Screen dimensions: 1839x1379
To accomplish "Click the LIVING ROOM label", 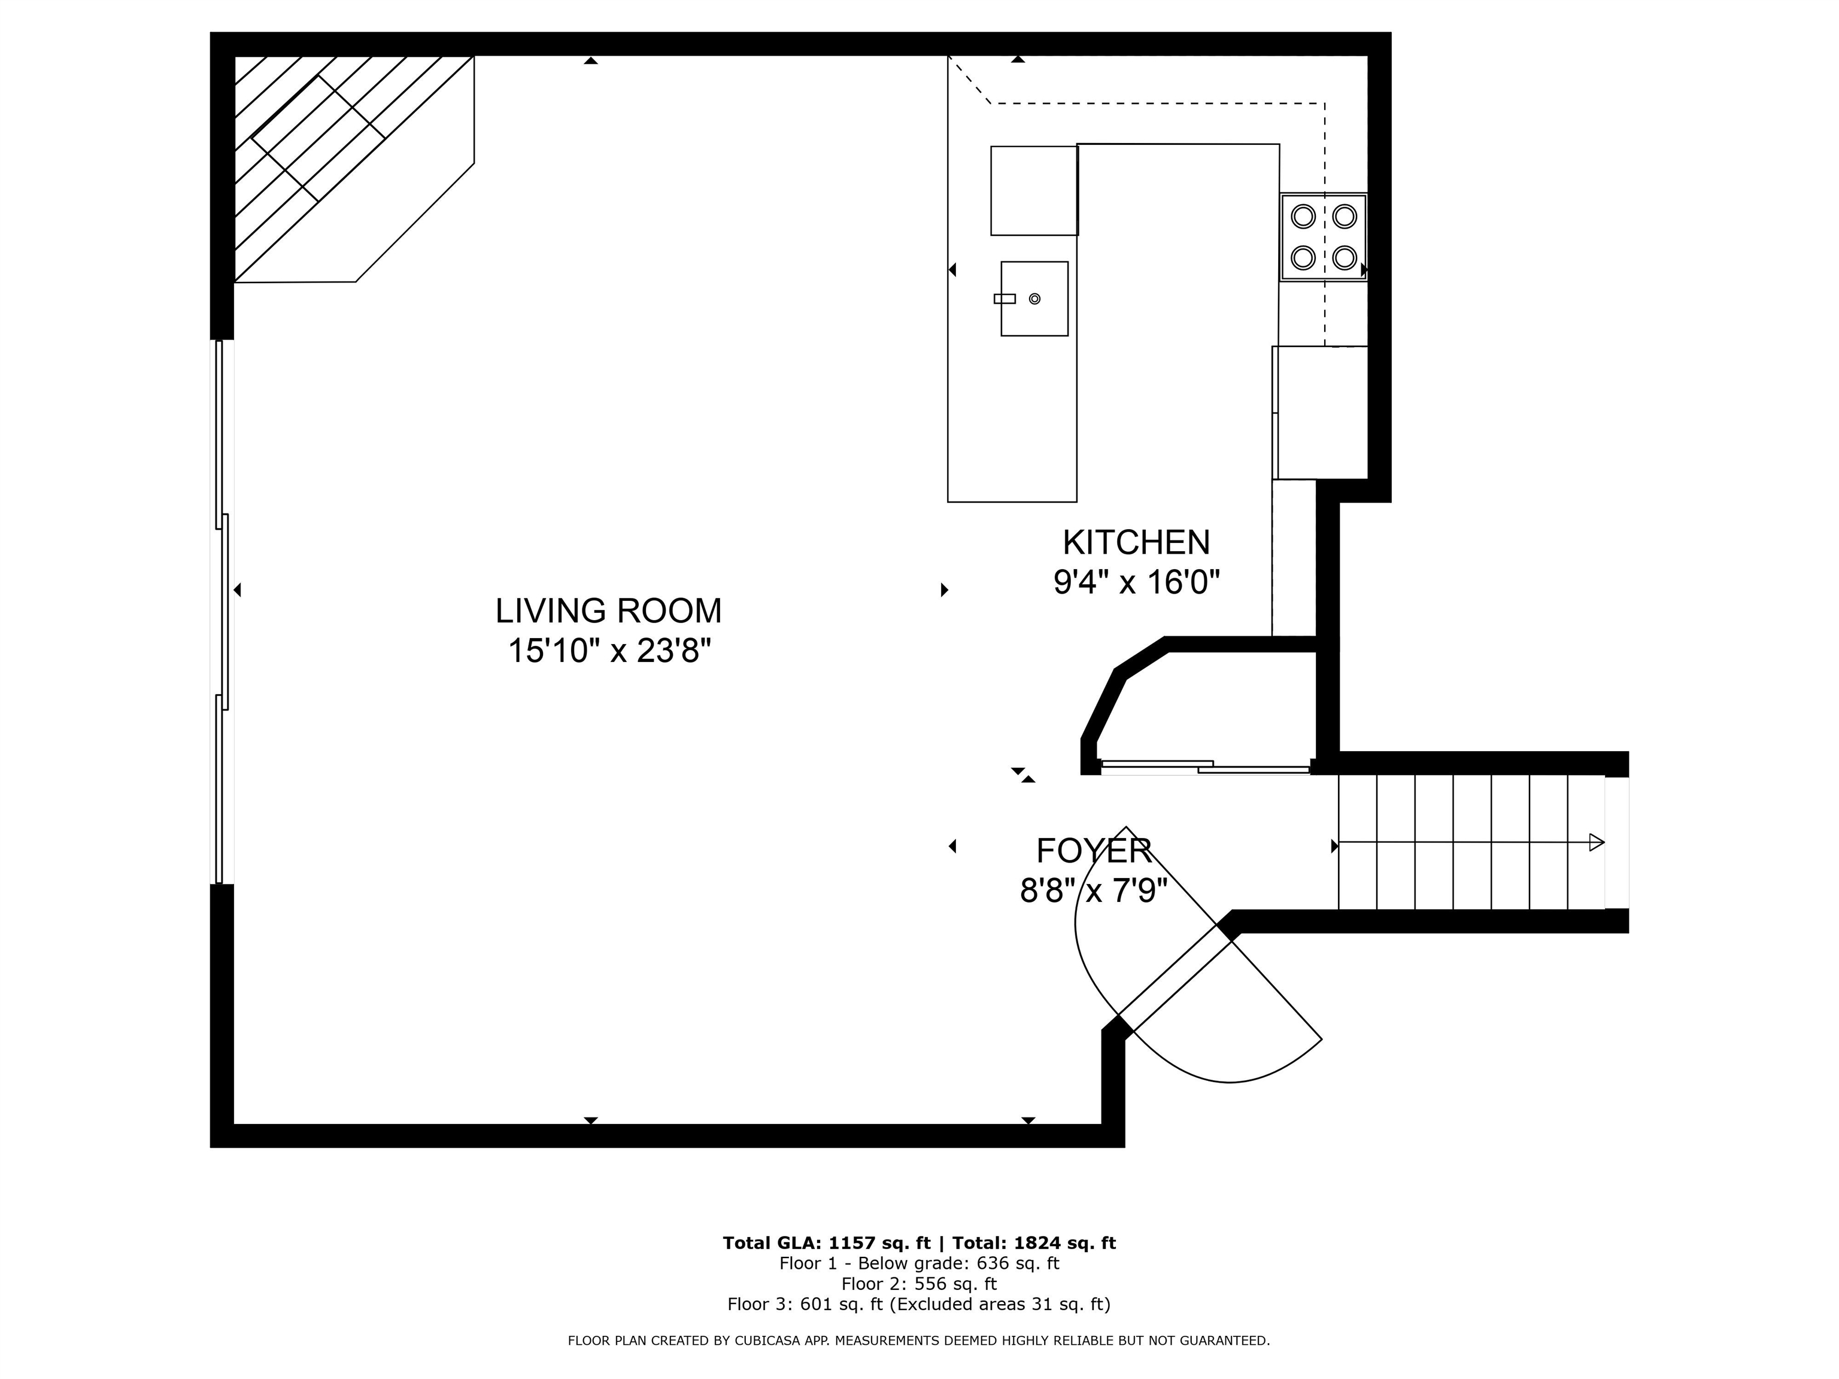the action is (609, 611).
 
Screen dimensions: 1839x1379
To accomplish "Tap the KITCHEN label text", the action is (1136, 543).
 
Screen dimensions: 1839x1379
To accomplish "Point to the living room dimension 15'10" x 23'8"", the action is (609, 650).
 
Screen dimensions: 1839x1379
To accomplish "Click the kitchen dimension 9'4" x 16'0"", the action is (1136, 582).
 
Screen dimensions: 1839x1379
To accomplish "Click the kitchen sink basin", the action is (1034, 299).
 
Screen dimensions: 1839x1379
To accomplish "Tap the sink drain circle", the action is (1034, 299).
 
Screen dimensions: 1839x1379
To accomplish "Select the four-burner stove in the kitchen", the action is (1324, 238).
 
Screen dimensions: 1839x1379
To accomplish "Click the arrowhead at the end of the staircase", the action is (1596, 842).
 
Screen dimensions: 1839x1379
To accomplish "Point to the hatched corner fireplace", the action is (353, 169).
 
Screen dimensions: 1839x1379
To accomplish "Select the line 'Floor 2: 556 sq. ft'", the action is (919, 1283).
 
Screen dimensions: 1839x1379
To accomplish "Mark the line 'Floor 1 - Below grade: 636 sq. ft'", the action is (919, 1263).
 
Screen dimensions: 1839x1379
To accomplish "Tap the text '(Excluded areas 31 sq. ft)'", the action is (1000, 1304).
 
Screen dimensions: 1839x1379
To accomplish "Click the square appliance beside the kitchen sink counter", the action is (1034, 190).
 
